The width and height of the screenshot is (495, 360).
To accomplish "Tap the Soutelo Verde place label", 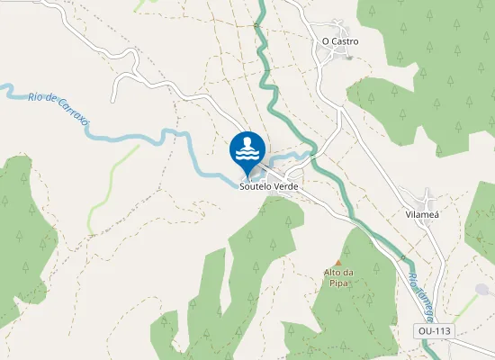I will (x=268, y=186).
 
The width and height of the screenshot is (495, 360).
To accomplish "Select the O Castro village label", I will (x=339, y=41).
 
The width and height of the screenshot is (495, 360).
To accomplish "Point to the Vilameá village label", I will (x=422, y=216).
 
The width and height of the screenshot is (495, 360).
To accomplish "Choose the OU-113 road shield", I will (x=435, y=331).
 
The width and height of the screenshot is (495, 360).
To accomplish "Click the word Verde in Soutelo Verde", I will (x=285, y=186).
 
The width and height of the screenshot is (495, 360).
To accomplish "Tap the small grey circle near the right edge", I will (x=482, y=290).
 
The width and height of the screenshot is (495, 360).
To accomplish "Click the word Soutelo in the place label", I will (x=256, y=186).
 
